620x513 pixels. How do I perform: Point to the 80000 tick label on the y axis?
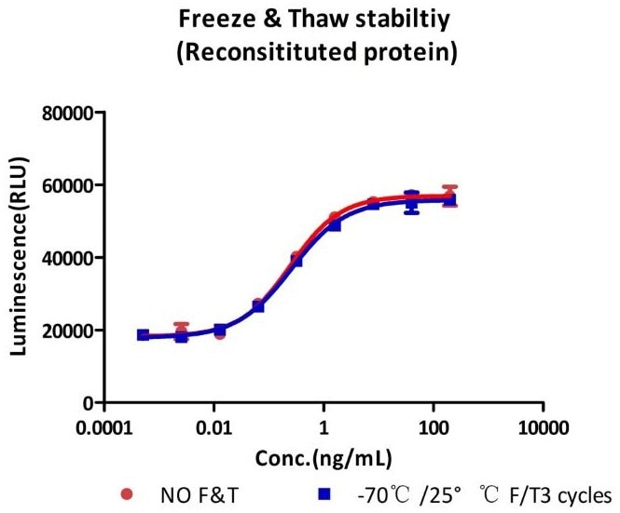click(71, 114)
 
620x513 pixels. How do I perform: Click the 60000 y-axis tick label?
click(71, 185)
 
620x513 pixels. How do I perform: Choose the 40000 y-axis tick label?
click(71, 258)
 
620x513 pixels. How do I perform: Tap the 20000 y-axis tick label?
click(71, 331)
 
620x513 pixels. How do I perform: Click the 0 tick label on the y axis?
click(90, 403)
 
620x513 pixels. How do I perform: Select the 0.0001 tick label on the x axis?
click(103, 430)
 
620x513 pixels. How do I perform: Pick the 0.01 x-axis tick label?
click(214, 430)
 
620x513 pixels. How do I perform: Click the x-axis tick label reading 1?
click(324, 430)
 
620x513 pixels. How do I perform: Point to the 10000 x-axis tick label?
click(544, 430)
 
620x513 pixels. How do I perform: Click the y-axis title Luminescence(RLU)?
click(21, 258)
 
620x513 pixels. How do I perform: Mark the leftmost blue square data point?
click(143, 335)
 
